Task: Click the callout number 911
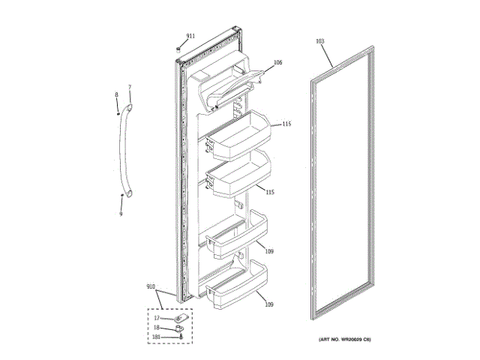[x=190, y=36]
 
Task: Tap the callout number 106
[x=277, y=63]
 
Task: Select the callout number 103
[x=320, y=40]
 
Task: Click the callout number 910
[x=151, y=287]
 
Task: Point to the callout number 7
[x=129, y=88]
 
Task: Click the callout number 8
[x=116, y=94]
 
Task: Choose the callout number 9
[x=120, y=214]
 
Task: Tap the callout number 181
[x=157, y=337]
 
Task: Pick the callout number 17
[x=157, y=318]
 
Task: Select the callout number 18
[x=157, y=328]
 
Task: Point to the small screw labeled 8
[x=118, y=112]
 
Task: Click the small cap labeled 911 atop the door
[x=178, y=49]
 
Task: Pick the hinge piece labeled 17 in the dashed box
[x=181, y=318]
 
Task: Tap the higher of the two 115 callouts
[x=286, y=124]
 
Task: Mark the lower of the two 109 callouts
[x=268, y=304]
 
